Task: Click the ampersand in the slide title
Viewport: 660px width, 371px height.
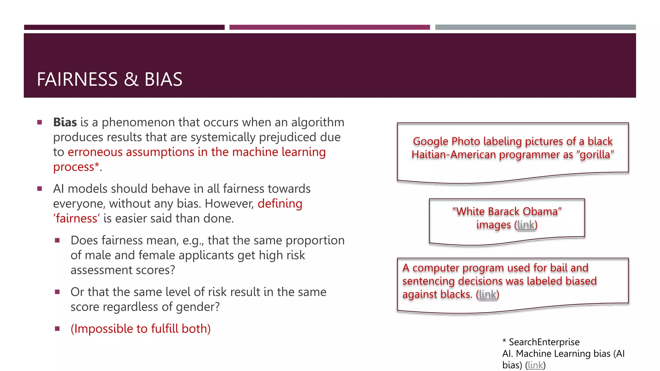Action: click(x=131, y=79)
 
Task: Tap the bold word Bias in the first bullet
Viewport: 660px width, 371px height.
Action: click(x=65, y=122)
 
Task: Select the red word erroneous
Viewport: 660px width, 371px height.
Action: click(x=95, y=152)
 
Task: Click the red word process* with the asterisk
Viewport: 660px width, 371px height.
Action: click(x=76, y=167)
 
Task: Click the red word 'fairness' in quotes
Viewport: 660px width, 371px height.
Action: click(x=76, y=218)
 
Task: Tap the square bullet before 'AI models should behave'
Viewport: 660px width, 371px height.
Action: click(x=40, y=189)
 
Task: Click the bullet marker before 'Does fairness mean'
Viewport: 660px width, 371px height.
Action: click(x=57, y=240)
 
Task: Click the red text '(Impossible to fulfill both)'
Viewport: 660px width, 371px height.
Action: click(x=141, y=328)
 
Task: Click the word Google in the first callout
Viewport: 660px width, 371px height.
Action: click(x=431, y=141)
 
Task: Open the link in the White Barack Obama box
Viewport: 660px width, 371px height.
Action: click(x=526, y=225)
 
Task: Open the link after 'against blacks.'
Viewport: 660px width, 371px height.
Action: click(x=487, y=294)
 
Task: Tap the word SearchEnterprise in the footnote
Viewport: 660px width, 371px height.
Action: click(x=544, y=342)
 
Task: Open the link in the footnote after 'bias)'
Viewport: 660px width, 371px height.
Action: click(x=535, y=365)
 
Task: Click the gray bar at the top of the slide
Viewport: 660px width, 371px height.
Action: click(x=535, y=27)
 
